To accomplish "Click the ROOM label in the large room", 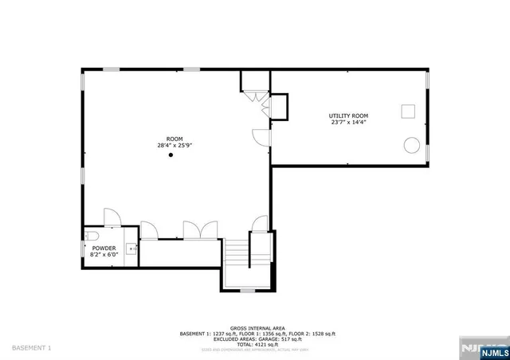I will (x=174, y=139).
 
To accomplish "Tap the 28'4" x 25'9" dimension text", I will (x=174, y=145).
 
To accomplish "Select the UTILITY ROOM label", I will (x=349, y=116).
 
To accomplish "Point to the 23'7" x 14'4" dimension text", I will (x=349, y=123).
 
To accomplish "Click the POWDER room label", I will (x=104, y=248).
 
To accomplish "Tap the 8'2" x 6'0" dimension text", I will (x=104, y=255).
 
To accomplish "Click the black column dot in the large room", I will (x=170, y=155).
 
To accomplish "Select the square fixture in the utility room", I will (x=407, y=111).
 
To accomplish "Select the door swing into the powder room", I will (x=111, y=217).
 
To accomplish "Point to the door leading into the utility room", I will (x=261, y=136).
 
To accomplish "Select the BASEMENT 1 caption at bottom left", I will (x=32, y=348).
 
